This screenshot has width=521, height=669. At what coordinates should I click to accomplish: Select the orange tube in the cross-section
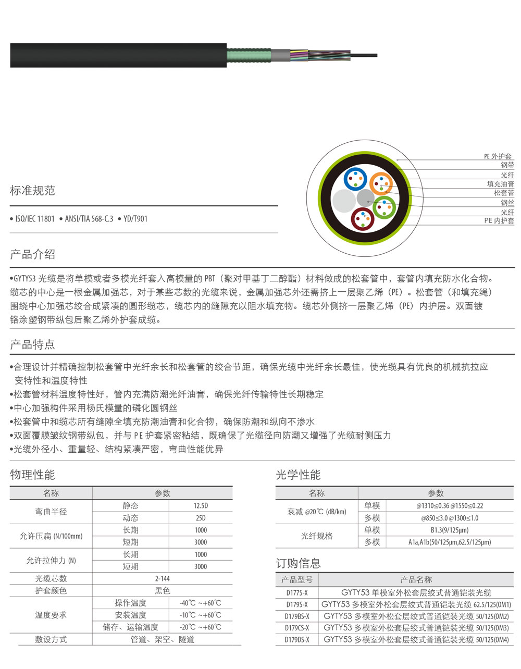click(381, 183)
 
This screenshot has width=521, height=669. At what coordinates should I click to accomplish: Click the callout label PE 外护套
click(498, 156)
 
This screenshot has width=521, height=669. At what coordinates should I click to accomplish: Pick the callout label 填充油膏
click(500, 184)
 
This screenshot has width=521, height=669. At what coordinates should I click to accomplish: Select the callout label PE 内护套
click(499, 221)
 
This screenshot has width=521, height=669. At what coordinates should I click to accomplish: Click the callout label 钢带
click(507, 165)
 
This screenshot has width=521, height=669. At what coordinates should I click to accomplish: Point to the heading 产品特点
click(32, 344)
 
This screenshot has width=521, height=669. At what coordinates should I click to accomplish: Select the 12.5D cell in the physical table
click(201, 506)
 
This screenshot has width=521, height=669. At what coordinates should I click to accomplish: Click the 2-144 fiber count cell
click(162, 578)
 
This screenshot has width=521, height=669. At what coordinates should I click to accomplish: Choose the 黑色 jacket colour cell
click(162, 590)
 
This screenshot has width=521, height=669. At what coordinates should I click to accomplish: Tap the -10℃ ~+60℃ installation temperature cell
click(201, 615)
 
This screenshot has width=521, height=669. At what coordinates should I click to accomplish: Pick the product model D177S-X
click(297, 593)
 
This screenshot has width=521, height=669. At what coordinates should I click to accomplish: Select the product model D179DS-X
click(297, 640)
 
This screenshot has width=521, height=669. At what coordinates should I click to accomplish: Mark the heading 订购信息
click(298, 563)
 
